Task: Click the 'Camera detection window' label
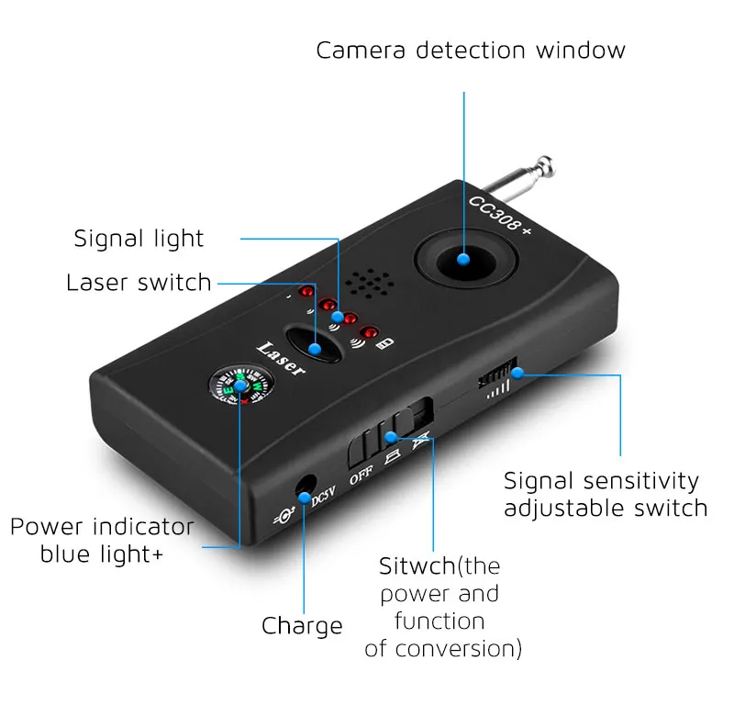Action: click(471, 50)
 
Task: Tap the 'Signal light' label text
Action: click(139, 239)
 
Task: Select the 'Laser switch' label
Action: click(139, 282)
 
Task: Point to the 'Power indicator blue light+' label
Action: click(102, 541)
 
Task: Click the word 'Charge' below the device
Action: click(302, 626)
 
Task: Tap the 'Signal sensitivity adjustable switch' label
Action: click(606, 494)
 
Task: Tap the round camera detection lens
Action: click(463, 262)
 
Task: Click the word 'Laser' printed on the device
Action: click(281, 358)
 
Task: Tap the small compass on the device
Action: click(240, 387)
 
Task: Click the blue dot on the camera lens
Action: click(464, 262)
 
